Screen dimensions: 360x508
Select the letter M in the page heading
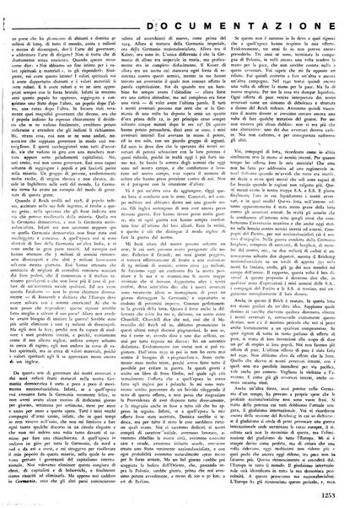tap(207, 11)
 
